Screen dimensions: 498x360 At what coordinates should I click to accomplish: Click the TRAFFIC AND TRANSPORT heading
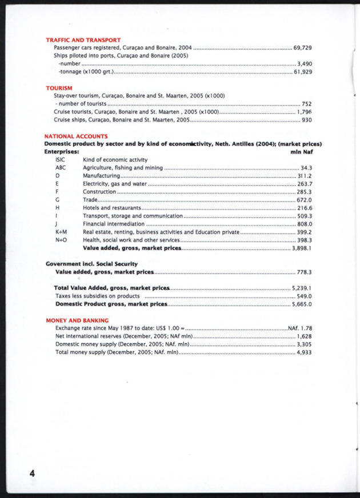click(83, 40)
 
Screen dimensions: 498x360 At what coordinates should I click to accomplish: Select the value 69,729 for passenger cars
click(302, 48)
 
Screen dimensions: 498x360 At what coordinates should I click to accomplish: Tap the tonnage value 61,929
click(302, 73)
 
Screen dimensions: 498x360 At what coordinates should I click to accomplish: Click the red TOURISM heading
click(59, 88)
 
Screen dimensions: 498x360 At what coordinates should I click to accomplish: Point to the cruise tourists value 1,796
click(304, 113)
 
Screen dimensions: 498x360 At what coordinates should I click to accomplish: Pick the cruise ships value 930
click(306, 121)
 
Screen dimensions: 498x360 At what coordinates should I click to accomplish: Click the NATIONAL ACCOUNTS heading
click(76, 136)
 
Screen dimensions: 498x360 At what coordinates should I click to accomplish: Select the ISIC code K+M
click(61, 232)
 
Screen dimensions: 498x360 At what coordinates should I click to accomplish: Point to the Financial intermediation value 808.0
click(304, 224)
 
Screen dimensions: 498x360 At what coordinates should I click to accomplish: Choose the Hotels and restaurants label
click(112, 208)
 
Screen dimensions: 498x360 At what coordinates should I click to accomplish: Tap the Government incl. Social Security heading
click(91, 264)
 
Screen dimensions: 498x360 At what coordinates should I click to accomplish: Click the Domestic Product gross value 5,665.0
click(302, 304)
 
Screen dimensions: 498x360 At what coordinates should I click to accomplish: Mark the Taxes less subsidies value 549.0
click(304, 296)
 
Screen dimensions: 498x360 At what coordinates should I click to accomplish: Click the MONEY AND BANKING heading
click(77, 320)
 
